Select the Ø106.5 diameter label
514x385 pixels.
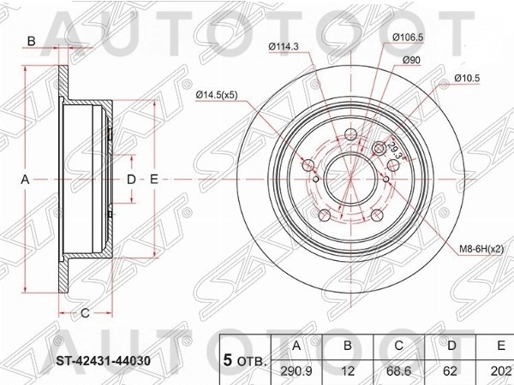pyautogui.click(x=409, y=37)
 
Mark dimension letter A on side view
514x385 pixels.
pyautogui.click(x=26, y=180)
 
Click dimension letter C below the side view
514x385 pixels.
pyautogui.click(x=86, y=311)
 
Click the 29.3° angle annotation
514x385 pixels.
pyautogui.click(x=395, y=146)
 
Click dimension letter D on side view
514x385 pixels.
pyautogui.click(x=130, y=180)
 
